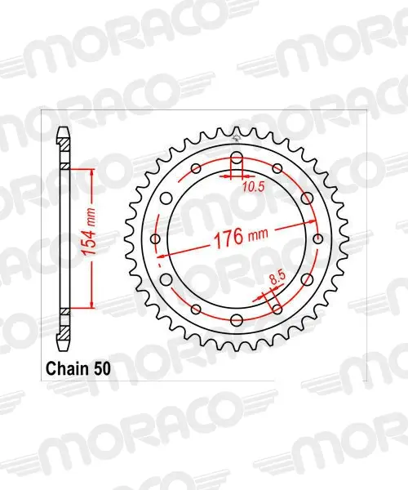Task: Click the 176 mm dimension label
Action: coord(241,237)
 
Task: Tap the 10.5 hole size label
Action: coord(254,187)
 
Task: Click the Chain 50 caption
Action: coord(78,369)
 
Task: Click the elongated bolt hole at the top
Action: coord(237,159)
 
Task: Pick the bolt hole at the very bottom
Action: coord(237,320)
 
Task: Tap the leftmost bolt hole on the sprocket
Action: coord(155,239)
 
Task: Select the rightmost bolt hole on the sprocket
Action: coord(317,239)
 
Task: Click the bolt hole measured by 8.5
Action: coord(277,310)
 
